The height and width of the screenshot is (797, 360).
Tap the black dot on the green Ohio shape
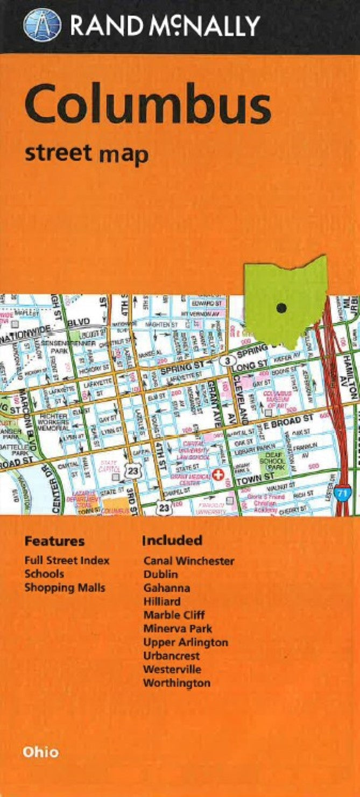tap(280, 308)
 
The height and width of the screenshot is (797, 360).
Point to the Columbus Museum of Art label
tap(278, 400)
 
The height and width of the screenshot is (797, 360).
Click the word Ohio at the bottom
tap(41, 752)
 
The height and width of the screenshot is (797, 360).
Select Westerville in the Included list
tap(172, 670)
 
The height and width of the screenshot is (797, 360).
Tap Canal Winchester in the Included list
tap(188, 561)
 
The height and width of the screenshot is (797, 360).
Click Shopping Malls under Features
tap(65, 588)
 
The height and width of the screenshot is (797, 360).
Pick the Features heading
tap(55, 540)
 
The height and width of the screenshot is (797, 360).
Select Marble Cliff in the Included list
tap(174, 615)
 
